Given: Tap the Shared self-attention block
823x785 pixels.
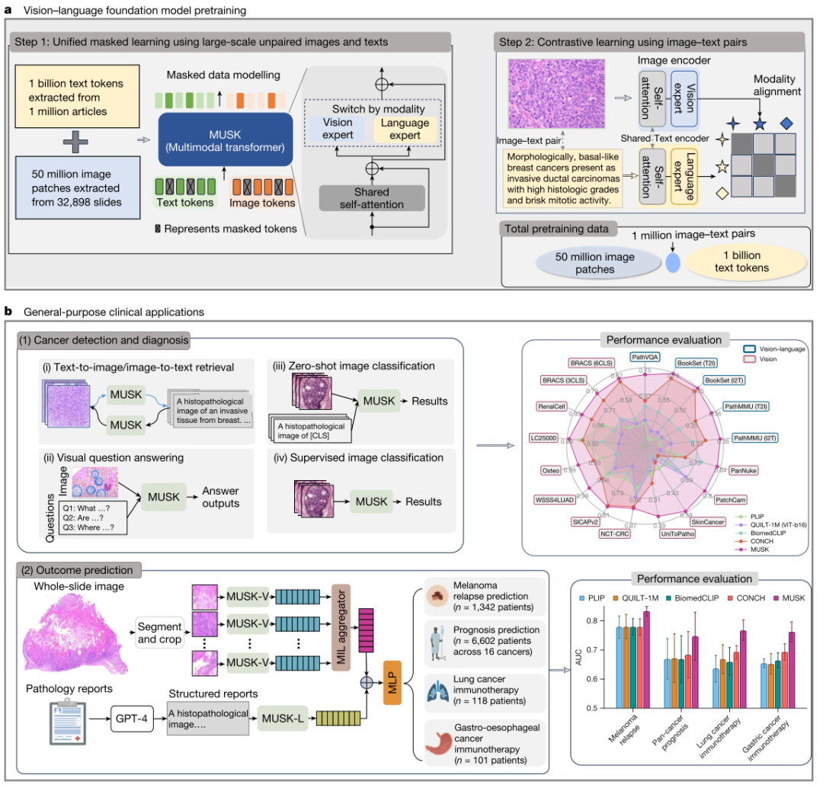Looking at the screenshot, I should click(371, 197).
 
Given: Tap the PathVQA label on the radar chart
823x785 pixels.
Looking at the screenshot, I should click(645, 356).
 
